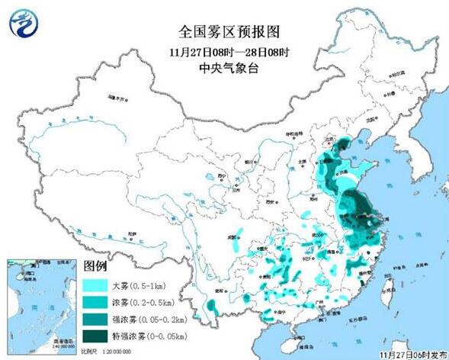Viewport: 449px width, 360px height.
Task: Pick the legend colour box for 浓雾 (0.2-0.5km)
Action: coord(95,303)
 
